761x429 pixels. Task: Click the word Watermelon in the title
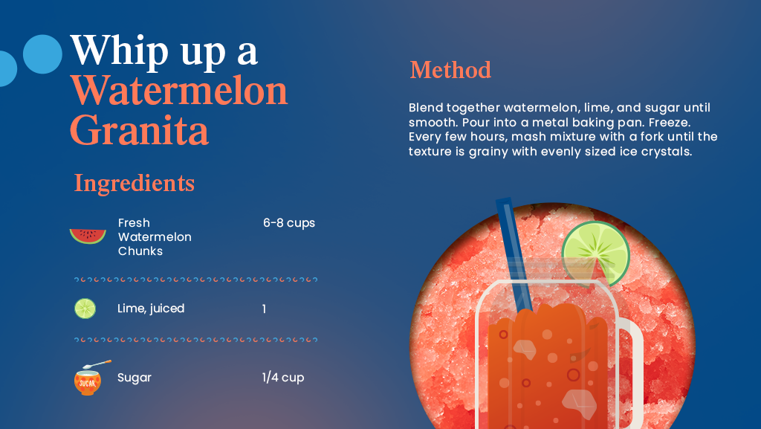pos(179,91)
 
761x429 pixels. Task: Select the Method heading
pos(450,70)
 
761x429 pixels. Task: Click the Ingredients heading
pos(134,183)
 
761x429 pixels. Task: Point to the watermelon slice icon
pos(88,236)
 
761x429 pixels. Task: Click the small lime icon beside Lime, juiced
pos(85,309)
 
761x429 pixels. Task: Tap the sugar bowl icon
pos(87,378)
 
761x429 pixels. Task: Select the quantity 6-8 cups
pos(289,223)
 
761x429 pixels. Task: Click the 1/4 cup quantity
pos(282,378)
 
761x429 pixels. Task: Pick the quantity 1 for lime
pos(264,309)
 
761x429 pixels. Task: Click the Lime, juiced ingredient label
pos(151,309)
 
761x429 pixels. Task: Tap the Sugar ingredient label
pos(135,378)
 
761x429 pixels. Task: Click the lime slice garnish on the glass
pos(595,253)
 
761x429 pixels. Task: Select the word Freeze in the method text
pos(671,122)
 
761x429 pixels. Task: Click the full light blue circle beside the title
pos(42,54)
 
